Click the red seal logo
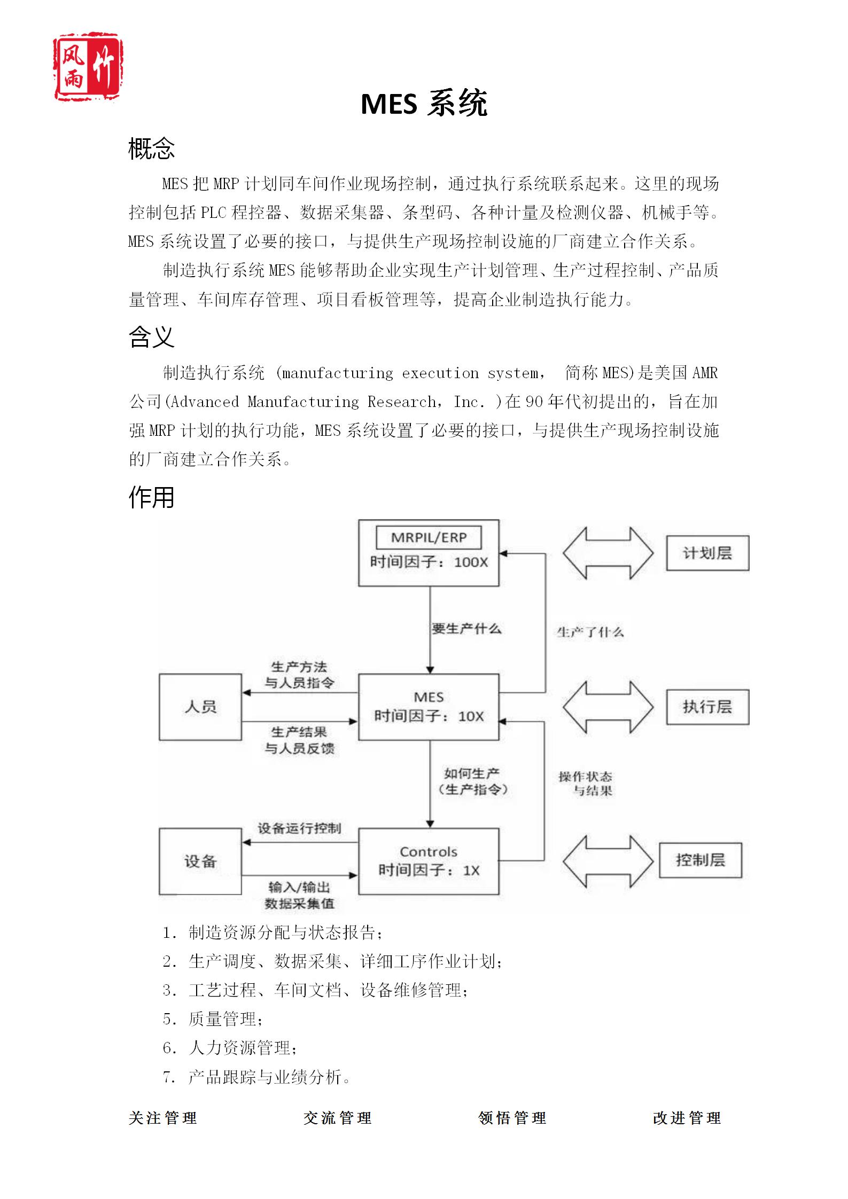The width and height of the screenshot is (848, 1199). [89, 66]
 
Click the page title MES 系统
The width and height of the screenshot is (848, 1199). [424, 104]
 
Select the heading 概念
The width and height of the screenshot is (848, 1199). [152, 148]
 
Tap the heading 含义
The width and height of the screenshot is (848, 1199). [152, 337]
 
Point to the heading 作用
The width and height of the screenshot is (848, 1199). [152, 497]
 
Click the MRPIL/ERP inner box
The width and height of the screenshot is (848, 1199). [429, 537]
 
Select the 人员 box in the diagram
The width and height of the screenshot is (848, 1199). [200, 707]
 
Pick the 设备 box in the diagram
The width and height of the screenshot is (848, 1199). [200, 861]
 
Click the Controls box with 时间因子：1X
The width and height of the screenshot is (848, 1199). [429, 861]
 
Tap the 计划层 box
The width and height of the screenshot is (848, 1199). [707, 553]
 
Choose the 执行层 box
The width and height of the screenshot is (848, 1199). [707, 707]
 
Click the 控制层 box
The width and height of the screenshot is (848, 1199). [700, 860]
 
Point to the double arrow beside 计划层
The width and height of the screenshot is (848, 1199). [608, 553]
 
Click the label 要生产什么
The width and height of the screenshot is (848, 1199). [466, 629]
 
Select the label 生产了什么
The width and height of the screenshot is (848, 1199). [590, 632]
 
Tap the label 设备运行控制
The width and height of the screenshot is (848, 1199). [299, 828]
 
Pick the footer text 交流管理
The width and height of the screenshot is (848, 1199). [337, 1118]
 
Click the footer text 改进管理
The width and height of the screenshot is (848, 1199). [687, 1118]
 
